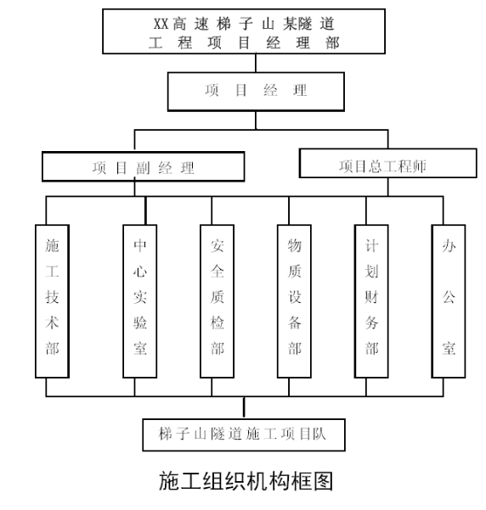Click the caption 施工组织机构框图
pos(246,481)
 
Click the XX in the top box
pos(161,24)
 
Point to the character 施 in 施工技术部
pos(52,245)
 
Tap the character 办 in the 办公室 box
pos(449,245)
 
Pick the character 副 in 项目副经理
pos(143,168)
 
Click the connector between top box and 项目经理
pos(256,63)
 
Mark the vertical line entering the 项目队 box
pos(244,408)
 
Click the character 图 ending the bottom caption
pos(323,481)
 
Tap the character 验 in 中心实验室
pos(139,322)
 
